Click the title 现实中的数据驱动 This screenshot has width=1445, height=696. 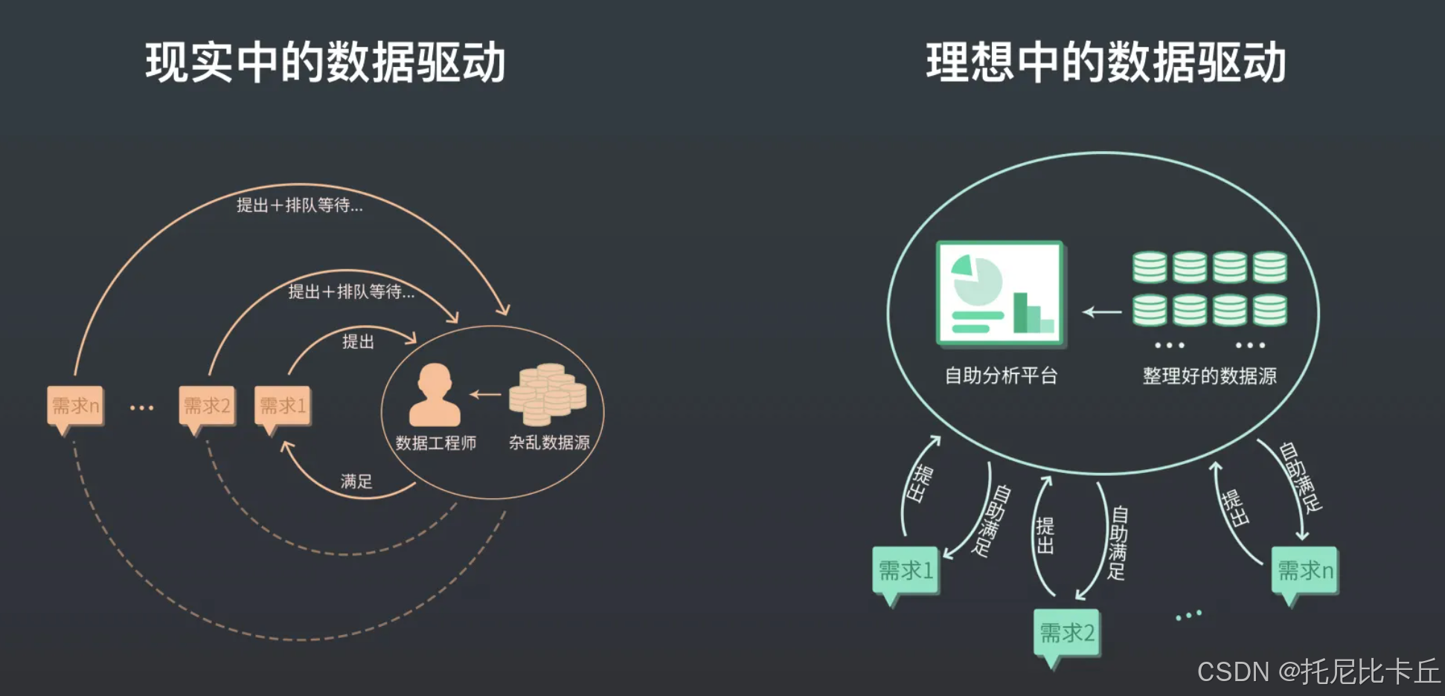pyautogui.click(x=325, y=62)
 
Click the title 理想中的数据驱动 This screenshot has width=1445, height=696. pyautogui.click(x=1106, y=62)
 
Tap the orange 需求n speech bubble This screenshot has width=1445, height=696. pyautogui.click(x=75, y=406)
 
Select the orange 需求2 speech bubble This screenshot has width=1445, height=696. pyautogui.click(x=207, y=406)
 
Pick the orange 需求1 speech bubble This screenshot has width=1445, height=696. pyautogui.click(x=283, y=406)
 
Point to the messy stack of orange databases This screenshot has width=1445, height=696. pyautogui.click(x=548, y=393)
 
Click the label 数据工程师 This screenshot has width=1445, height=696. pyautogui.click(x=436, y=443)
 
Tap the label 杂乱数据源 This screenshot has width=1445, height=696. pyautogui.click(x=549, y=442)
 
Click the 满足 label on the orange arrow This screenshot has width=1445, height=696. pyautogui.click(x=356, y=481)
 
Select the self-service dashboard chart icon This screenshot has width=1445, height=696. pyautogui.click(x=1001, y=293)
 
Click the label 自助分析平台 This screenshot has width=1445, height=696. pyautogui.click(x=1001, y=376)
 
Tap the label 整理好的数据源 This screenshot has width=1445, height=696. pyautogui.click(x=1209, y=376)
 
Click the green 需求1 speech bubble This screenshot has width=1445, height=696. pyautogui.click(x=906, y=571)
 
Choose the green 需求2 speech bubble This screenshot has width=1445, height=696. pyautogui.click(x=1067, y=634)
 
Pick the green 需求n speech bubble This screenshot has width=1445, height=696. pyautogui.click(x=1305, y=571)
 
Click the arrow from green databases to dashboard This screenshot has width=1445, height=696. pyautogui.click(x=1102, y=312)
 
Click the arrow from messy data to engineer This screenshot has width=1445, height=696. pyautogui.click(x=485, y=394)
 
